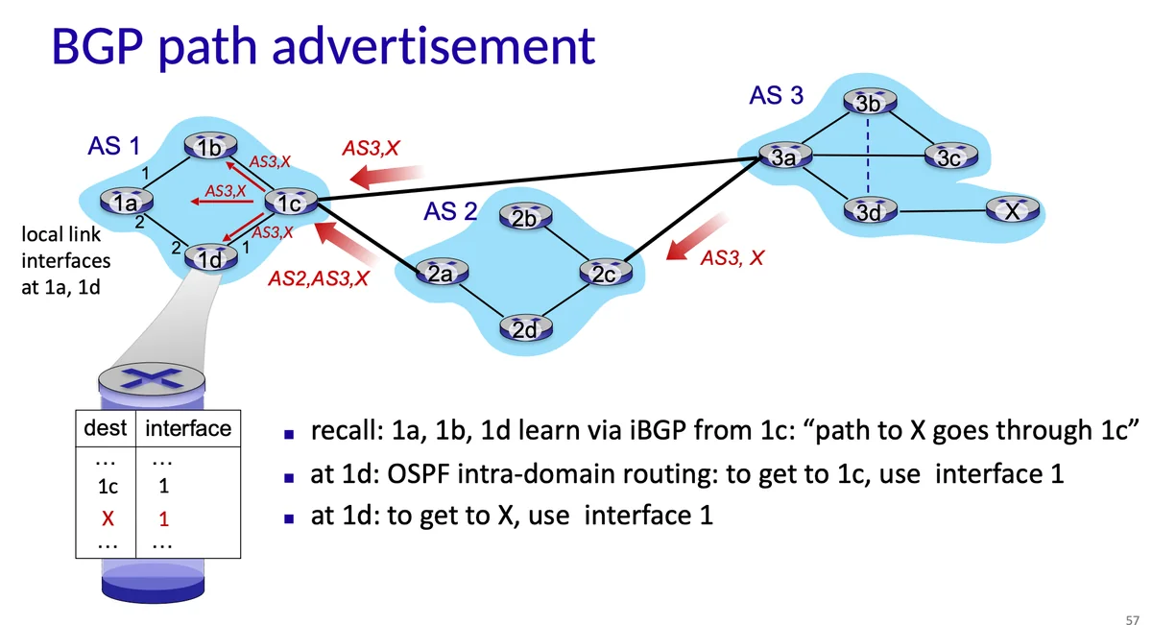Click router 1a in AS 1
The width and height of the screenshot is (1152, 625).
tap(125, 203)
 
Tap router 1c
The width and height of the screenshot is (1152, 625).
tap(289, 203)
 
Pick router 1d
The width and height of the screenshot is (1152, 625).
tap(209, 258)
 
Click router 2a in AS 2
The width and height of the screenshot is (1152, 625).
tap(441, 274)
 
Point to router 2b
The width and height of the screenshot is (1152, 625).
tap(524, 218)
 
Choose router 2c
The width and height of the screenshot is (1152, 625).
tap(604, 274)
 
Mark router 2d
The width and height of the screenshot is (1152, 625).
tap(524, 330)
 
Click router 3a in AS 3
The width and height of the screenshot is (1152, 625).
tap(784, 157)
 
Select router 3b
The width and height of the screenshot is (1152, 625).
tap(868, 103)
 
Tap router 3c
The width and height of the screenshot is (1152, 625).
tap(948, 157)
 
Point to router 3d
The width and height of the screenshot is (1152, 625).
tap(868, 212)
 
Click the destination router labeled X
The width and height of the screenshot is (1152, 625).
tap(1011, 211)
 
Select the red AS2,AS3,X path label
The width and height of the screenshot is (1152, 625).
tap(320, 279)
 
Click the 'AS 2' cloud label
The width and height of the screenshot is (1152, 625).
tap(450, 211)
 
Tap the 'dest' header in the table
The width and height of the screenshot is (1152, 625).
tap(106, 429)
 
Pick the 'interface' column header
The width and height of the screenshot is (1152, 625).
tap(188, 429)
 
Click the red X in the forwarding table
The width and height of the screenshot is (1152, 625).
tap(108, 519)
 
